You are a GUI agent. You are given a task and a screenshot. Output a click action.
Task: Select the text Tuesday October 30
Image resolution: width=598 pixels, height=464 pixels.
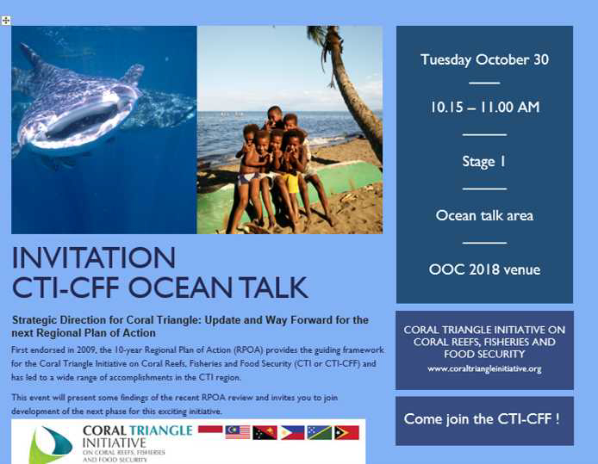(484, 59)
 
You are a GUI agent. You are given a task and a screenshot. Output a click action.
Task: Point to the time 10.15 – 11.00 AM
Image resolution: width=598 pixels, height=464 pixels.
(484, 107)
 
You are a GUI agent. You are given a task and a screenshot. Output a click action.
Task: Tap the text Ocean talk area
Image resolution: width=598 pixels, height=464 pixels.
(484, 215)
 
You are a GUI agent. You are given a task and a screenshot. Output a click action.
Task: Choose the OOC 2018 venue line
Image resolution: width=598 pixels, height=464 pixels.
(484, 269)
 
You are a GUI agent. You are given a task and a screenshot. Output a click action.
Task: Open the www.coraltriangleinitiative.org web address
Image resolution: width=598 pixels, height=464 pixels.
(484, 368)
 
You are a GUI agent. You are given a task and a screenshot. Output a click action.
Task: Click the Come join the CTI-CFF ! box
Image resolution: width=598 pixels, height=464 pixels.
(483, 419)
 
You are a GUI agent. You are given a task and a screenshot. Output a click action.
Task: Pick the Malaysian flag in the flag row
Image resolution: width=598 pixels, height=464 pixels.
(238, 432)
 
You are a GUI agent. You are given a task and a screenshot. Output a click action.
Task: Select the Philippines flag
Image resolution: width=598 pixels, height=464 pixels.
(292, 432)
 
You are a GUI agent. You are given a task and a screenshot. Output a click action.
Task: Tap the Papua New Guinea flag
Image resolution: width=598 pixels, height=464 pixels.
(265, 432)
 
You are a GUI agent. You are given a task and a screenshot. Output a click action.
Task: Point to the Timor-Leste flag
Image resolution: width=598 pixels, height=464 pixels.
(346, 432)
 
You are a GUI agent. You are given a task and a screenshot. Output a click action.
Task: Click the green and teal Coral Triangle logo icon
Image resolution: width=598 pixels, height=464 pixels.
(51, 445)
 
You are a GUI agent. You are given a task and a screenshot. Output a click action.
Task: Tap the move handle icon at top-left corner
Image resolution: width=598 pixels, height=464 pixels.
(6, 20)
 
